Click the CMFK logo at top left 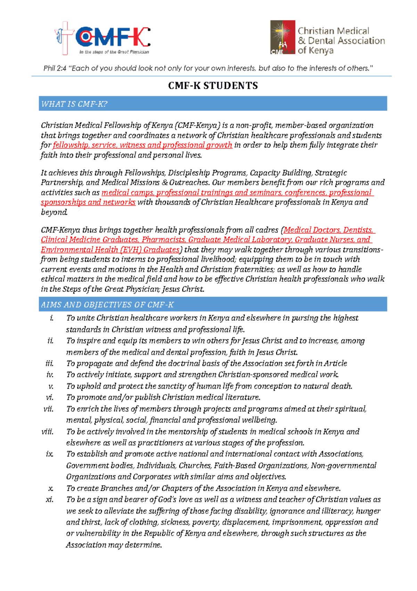tap(103, 38)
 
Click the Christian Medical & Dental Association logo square tap(283, 37)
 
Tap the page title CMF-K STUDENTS tap(213, 86)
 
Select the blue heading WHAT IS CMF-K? tap(74, 104)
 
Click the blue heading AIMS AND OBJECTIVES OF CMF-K tap(107, 305)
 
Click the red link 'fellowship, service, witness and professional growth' tap(142, 145)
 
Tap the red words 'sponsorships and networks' tap(88, 202)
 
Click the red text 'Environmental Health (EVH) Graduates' tap(110, 250)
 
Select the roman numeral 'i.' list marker tap(52, 318)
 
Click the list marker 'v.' tap(51, 386)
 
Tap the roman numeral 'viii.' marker tap(47, 432)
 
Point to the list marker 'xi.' tap(49, 499)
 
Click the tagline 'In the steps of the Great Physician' tap(114, 52)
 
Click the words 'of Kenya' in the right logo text tap(316, 50)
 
